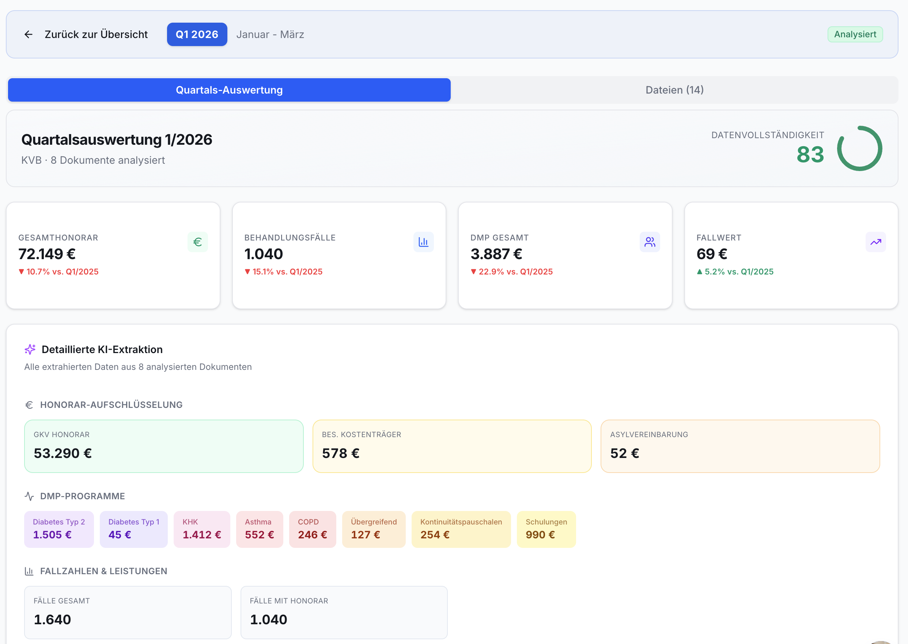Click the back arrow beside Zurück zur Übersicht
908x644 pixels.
point(29,34)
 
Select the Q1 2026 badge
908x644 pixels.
point(197,34)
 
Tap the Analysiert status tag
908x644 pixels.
point(855,34)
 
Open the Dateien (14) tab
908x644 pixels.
point(674,90)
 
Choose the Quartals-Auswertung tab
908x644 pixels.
point(229,90)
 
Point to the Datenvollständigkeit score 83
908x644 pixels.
point(810,154)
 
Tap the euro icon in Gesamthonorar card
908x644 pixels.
point(197,242)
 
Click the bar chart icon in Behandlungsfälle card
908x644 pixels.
point(423,242)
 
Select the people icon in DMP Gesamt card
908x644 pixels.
point(650,242)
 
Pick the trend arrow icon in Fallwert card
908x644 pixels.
point(875,242)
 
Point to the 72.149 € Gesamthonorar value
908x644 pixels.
point(47,254)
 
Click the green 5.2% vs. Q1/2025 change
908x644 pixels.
point(735,272)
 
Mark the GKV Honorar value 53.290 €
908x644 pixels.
point(63,453)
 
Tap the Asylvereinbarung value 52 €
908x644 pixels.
point(624,453)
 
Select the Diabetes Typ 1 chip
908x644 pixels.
point(134,529)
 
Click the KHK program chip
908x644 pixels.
point(202,529)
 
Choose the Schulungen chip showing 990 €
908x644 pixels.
point(546,529)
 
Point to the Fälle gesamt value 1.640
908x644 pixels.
point(52,620)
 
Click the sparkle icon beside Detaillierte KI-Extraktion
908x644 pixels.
point(30,349)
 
